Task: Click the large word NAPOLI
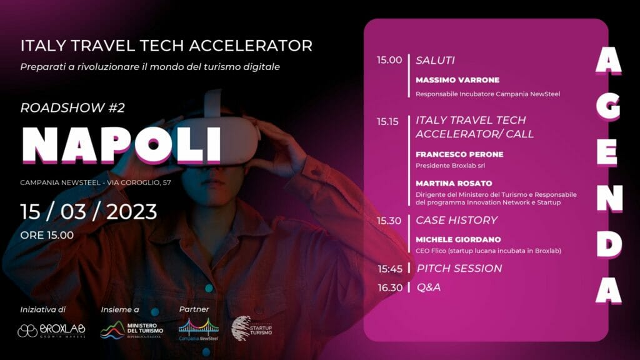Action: coord(121,145)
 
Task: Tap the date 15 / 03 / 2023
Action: coord(89,212)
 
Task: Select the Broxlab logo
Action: coord(51,331)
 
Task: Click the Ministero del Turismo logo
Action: coord(131,330)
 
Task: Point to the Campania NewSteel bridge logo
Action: coord(198,329)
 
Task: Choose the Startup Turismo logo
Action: coord(251,328)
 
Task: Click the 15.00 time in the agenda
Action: coord(389,60)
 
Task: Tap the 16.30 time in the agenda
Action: coord(390,287)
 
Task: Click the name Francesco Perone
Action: coord(459,154)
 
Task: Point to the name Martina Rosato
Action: coord(454,183)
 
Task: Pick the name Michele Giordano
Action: coord(458,239)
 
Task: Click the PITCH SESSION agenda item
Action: coord(459,268)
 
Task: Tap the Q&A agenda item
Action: coord(429,287)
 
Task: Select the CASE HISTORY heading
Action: coord(456,221)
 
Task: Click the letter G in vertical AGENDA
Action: coord(609,106)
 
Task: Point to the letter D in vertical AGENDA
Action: coord(609,244)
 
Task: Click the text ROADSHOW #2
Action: coord(72,107)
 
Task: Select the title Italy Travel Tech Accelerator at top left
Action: coord(166,46)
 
